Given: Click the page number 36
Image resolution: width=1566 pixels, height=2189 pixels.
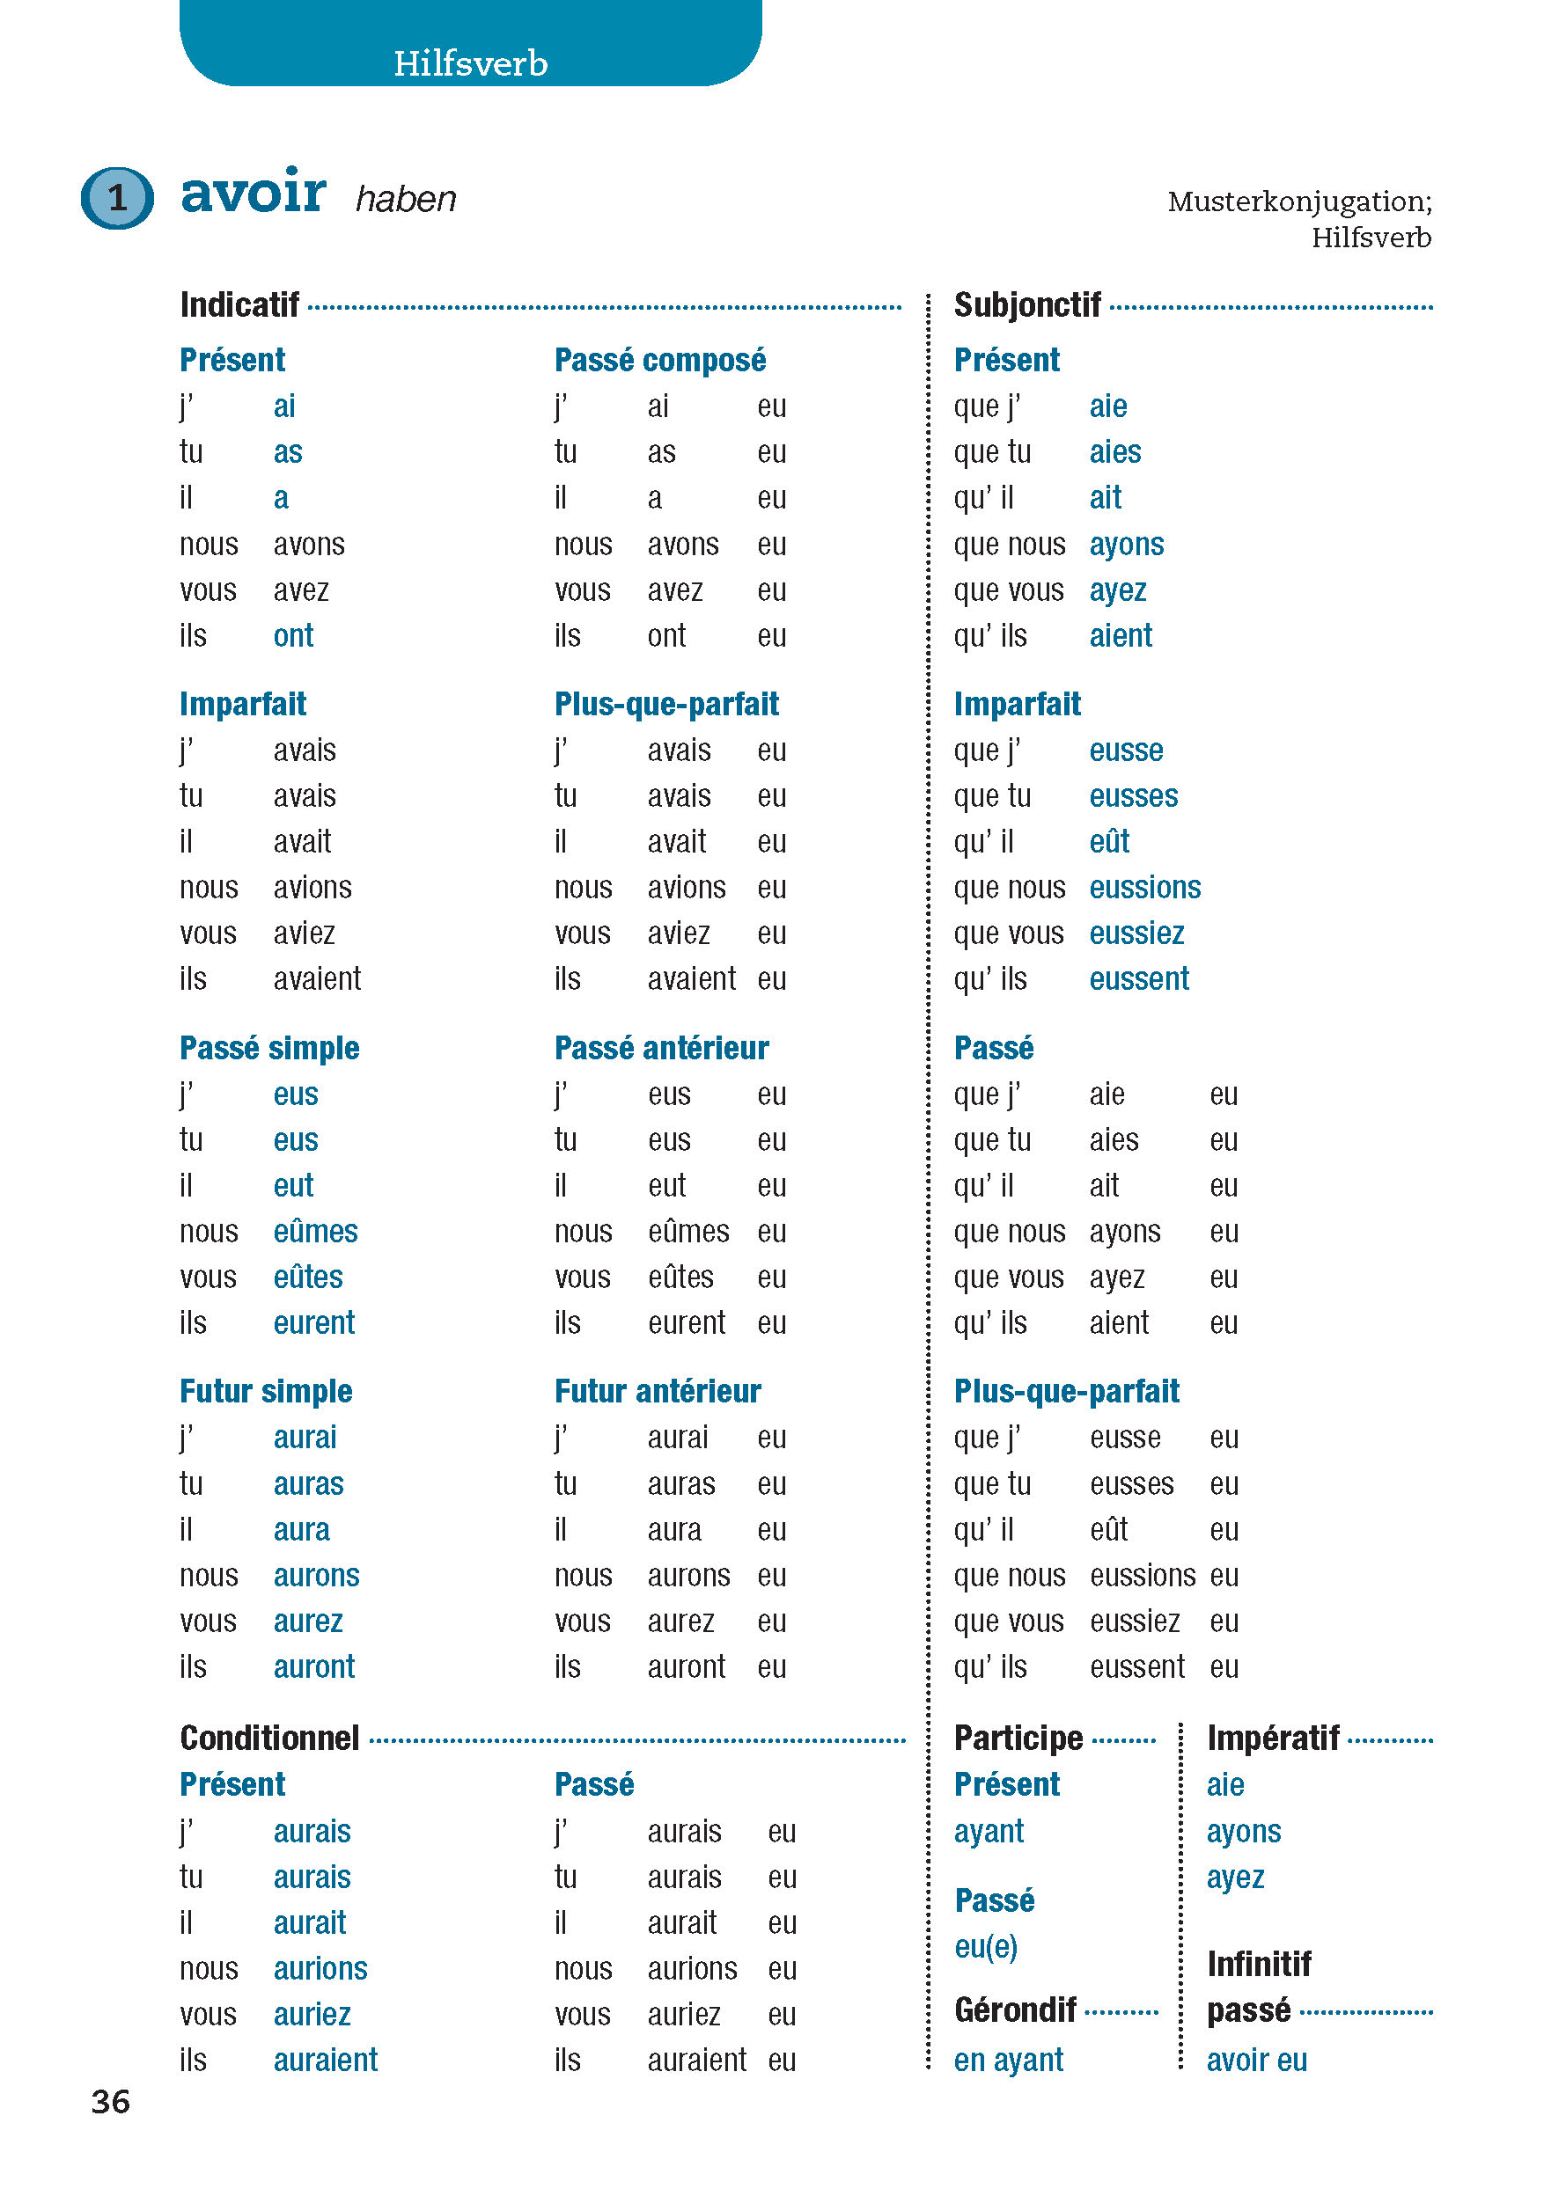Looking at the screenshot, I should pyautogui.click(x=110, y=2101).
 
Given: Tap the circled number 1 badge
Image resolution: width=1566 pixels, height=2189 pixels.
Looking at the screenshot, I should pyautogui.click(x=117, y=198).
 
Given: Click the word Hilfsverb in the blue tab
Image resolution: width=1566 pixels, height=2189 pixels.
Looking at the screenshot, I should pyautogui.click(x=471, y=63).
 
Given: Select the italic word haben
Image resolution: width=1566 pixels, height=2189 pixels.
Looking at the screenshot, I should pyautogui.click(x=405, y=200).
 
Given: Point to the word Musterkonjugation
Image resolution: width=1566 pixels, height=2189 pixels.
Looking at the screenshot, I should pyautogui.click(x=1298, y=201).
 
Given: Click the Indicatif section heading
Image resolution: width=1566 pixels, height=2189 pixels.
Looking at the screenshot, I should pyautogui.click(x=239, y=305).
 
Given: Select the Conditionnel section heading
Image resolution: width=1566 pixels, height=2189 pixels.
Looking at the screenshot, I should pyautogui.click(x=269, y=1738).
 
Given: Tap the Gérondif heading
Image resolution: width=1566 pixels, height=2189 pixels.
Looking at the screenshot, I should pyautogui.click(x=1014, y=2010).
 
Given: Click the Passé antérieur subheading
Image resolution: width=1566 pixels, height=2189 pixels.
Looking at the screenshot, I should pyautogui.click(x=660, y=1048).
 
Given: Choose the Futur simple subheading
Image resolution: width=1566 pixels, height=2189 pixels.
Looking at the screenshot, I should pyautogui.click(x=265, y=1391).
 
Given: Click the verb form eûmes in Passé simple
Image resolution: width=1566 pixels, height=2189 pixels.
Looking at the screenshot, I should pyautogui.click(x=315, y=1232).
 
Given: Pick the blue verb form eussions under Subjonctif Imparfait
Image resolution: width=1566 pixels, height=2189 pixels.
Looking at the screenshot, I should pyautogui.click(x=1144, y=888).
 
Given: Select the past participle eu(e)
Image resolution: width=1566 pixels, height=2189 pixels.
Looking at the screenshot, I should pyautogui.click(x=986, y=1947).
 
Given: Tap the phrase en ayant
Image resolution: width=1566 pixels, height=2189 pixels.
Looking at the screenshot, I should pyautogui.click(x=1008, y=2060).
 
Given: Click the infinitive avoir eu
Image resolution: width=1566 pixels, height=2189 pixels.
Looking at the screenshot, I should pyautogui.click(x=1256, y=2060).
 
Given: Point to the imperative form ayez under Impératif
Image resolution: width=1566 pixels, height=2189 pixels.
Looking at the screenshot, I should pyautogui.click(x=1234, y=1878).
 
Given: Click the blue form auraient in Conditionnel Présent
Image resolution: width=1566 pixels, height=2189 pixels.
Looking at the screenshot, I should pyautogui.click(x=325, y=2060).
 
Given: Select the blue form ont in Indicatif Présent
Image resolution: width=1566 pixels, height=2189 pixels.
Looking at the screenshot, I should pyautogui.click(x=293, y=636).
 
